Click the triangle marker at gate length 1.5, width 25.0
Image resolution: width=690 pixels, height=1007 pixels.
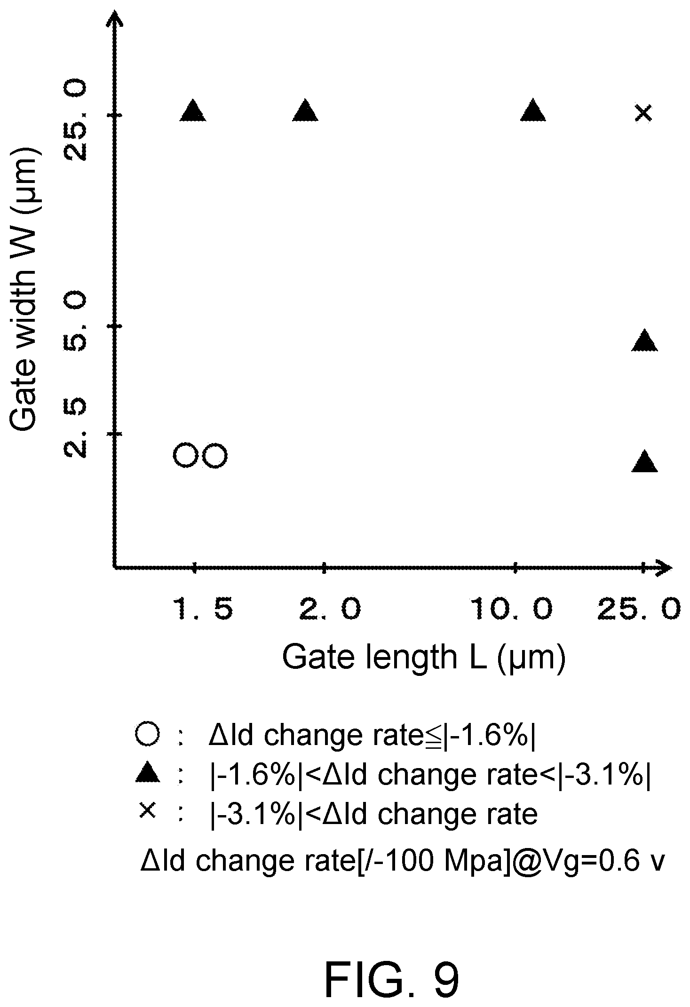pyautogui.click(x=193, y=111)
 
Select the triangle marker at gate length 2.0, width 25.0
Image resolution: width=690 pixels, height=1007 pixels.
pyautogui.click(x=306, y=111)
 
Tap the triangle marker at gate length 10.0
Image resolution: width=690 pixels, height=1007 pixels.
pyautogui.click(x=533, y=111)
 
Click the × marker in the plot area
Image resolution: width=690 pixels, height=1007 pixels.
pyautogui.click(x=643, y=113)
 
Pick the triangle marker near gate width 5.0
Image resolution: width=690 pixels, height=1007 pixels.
pyautogui.click(x=645, y=341)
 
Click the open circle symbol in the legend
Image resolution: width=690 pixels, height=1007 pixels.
pyautogui.click(x=147, y=736)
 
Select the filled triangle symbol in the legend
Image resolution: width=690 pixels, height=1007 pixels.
pyautogui.click(x=148, y=773)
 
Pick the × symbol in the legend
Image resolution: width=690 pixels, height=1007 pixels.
pyautogui.click(x=147, y=810)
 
